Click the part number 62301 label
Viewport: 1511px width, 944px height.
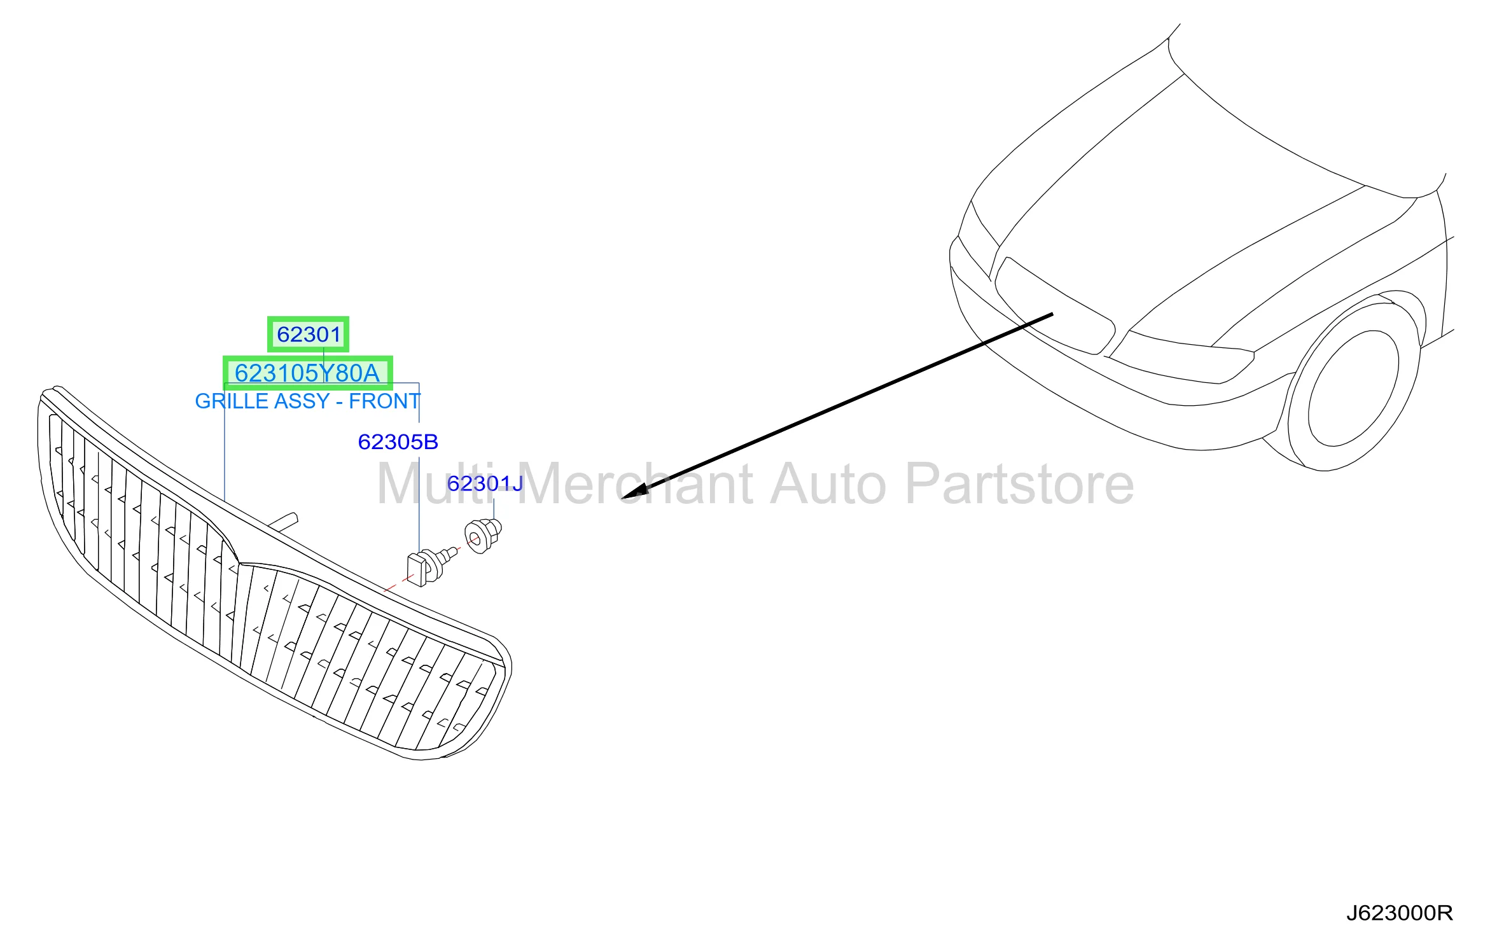pyautogui.click(x=309, y=334)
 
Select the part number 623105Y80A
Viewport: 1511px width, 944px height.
pyautogui.click(x=307, y=373)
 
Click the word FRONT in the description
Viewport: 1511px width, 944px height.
pyautogui.click(x=384, y=401)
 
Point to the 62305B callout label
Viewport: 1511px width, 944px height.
pyautogui.click(x=398, y=441)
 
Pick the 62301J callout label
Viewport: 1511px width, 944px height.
pyautogui.click(x=485, y=483)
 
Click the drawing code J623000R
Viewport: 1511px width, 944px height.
pyautogui.click(x=1399, y=913)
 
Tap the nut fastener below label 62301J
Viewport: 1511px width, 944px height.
pyautogui.click(x=483, y=536)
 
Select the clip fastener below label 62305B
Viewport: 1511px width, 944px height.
pyautogui.click(x=431, y=565)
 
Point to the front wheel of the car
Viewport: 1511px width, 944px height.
pyautogui.click(x=1352, y=387)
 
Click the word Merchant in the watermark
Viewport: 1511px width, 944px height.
pyautogui.click(x=638, y=484)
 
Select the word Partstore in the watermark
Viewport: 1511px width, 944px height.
pyautogui.click(x=1019, y=484)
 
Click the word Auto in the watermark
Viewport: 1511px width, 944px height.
pyautogui.click(x=828, y=484)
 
